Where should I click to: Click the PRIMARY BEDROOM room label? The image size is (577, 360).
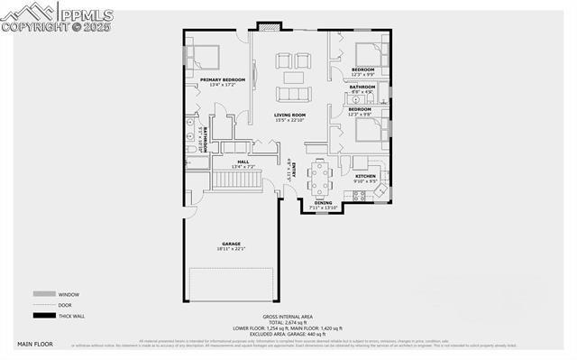click(222, 80)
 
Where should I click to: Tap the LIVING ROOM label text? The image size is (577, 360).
click(290, 115)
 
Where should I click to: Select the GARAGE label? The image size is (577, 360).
click(230, 244)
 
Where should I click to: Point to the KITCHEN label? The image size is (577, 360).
click(365, 176)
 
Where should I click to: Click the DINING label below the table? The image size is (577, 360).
click(323, 203)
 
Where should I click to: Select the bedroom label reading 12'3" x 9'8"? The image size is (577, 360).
click(360, 137)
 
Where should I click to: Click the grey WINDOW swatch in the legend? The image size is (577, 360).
click(42, 294)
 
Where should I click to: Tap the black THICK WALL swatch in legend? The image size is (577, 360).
click(42, 315)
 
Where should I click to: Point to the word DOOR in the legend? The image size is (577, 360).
click(65, 305)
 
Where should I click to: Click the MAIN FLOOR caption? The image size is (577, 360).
click(36, 345)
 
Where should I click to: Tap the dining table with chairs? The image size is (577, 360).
click(320, 177)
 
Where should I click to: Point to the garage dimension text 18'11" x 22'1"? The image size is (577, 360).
click(230, 249)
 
